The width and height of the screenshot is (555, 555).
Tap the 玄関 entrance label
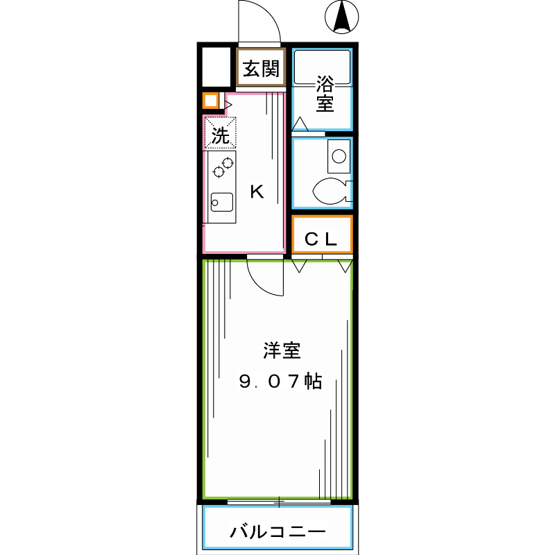[261, 68]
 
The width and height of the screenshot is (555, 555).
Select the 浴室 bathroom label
[325, 94]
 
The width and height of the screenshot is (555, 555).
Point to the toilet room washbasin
[339, 155]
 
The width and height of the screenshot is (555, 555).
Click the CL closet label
[322, 239]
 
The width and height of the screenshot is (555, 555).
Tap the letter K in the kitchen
[257, 191]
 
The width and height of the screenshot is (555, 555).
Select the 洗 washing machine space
[220, 135]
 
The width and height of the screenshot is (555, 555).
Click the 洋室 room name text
[281, 350]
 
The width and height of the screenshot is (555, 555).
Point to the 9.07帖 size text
[280, 381]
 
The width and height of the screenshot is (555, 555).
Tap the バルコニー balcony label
[277, 533]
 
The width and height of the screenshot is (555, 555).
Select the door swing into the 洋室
[268, 277]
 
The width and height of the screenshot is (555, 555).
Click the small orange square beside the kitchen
[210, 101]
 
